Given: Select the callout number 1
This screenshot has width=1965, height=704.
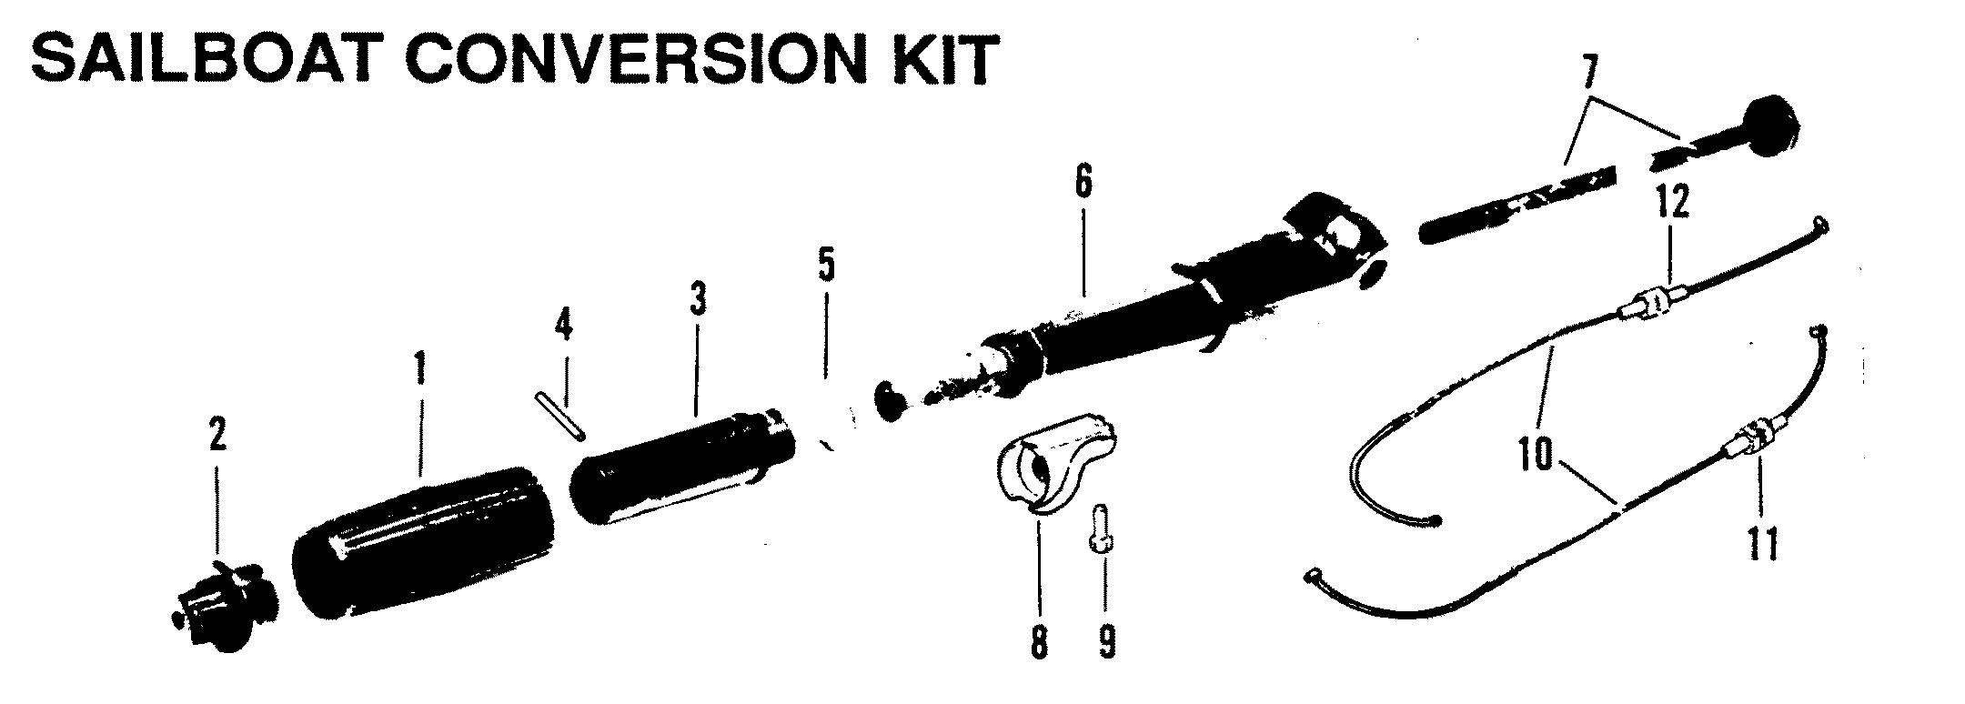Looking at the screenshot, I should (x=420, y=370).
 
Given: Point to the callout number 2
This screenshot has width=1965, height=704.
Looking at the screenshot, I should (x=217, y=437).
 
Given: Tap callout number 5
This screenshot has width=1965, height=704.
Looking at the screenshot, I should (x=825, y=264).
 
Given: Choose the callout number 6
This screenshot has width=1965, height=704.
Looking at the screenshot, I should (x=1083, y=183).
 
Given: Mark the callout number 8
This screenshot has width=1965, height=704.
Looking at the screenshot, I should (x=1039, y=642).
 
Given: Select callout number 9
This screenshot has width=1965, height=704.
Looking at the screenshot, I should (x=1105, y=642).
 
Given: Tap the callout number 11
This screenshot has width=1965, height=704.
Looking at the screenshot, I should (x=1762, y=546).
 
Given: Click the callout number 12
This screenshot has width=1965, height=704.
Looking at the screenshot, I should (x=1672, y=202).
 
